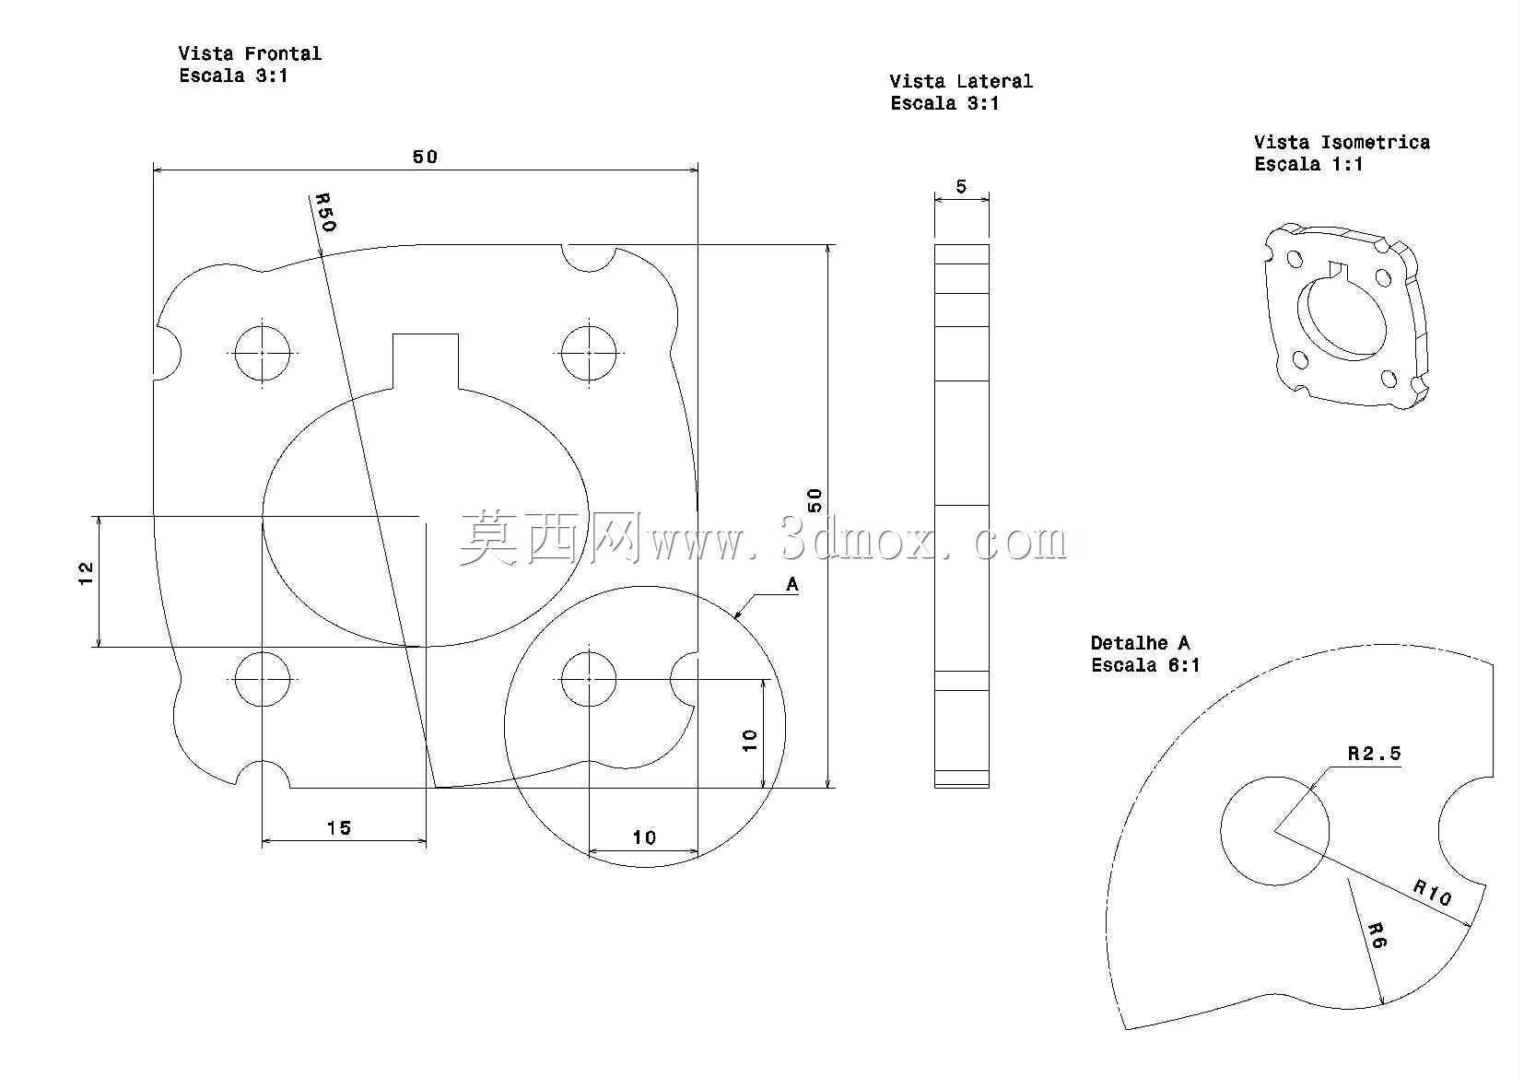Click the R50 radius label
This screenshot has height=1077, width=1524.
[x=325, y=212]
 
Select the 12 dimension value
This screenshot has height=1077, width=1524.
[x=86, y=574]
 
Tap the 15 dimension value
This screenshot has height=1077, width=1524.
[x=339, y=828]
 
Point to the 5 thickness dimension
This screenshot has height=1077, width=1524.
[x=961, y=186]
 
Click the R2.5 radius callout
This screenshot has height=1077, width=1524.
[x=1375, y=753]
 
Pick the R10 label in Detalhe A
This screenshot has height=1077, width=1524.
[x=1432, y=892]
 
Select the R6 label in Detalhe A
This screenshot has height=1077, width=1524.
[x=1377, y=935]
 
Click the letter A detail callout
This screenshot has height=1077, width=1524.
[x=791, y=584]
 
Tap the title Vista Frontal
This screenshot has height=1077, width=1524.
[x=250, y=53]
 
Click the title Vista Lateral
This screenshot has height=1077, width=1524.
[x=961, y=82]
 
